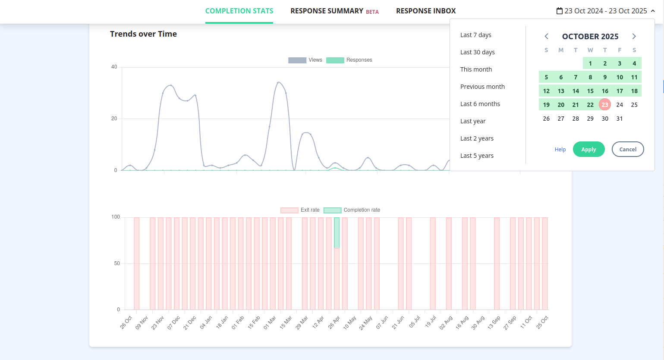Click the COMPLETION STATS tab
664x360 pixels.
[239, 11]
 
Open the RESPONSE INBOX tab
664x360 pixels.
[426, 11]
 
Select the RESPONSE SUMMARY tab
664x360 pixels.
[327, 11]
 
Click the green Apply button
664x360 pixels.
[588, 150]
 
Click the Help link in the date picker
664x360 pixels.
[560, 150]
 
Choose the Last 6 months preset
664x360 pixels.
[480, 104]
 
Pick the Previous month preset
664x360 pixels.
[482, 87]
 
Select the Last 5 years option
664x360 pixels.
[477, 156]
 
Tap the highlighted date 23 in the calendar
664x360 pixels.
[605, 105]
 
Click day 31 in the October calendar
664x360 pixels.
[620, 119]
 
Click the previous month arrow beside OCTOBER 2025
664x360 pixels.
[547, 37]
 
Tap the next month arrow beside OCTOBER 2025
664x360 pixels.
[634, 37]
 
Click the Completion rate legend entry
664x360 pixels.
[352, 210]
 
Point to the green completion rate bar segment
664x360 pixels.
[337, 233]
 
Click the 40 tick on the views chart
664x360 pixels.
[114, 67]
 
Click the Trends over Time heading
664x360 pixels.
[143, 34]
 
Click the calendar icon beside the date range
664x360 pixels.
[560, 11]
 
